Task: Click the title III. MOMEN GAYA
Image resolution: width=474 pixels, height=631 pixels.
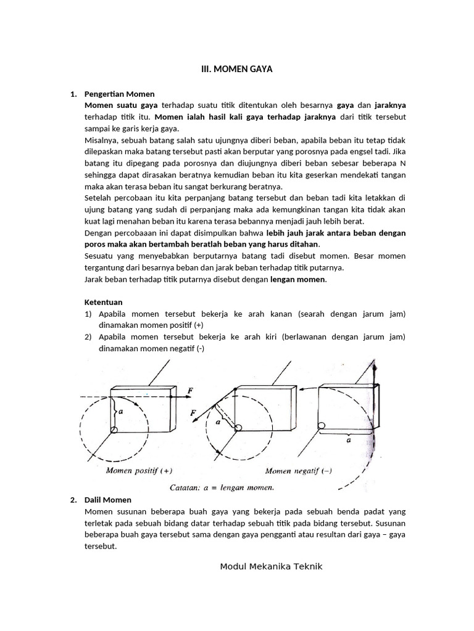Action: point(237,70)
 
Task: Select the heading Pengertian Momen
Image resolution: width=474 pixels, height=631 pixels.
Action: point(118,94)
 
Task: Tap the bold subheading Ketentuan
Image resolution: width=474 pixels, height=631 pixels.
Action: point(103,302)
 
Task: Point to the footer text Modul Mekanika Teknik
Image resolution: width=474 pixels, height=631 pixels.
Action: point(271,566)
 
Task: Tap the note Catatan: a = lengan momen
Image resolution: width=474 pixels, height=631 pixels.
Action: point(221,487)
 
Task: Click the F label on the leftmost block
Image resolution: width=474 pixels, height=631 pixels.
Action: point(190,390)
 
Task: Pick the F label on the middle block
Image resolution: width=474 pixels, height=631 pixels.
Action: point(194,412)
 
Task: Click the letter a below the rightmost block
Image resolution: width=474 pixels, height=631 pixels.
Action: point(349,441)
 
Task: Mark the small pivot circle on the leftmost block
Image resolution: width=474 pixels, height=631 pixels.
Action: point(114,429)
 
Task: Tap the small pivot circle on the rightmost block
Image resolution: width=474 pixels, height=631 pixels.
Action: point(321,425)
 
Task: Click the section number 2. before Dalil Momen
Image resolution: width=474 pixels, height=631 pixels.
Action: point(73,500)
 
